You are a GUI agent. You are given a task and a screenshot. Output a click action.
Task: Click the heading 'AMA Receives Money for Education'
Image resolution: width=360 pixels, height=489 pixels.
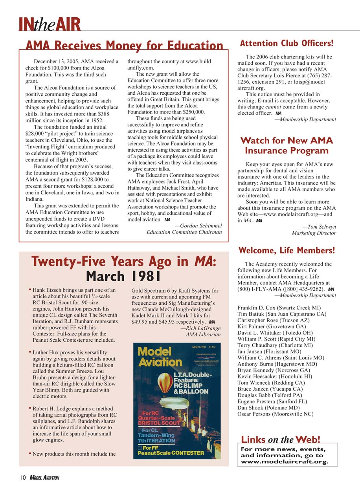(x=124, y=46)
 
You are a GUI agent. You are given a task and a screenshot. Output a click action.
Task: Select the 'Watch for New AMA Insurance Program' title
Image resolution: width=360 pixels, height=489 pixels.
(x=287, y=145)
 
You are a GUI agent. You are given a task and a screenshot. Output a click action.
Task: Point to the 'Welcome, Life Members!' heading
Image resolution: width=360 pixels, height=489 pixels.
(x=287, y=250)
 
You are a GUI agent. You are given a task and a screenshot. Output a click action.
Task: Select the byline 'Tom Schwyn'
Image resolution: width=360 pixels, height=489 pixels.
(x=319, y=227)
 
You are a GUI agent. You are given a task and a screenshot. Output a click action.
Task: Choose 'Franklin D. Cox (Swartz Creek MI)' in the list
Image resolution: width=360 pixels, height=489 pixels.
(x=279, y=308)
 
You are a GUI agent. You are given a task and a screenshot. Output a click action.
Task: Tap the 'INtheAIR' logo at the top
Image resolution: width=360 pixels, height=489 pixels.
(x=50, y=24)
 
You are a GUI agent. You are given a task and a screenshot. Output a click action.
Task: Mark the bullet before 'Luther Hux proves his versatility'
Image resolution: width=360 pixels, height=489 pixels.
(x=30, y=352)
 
